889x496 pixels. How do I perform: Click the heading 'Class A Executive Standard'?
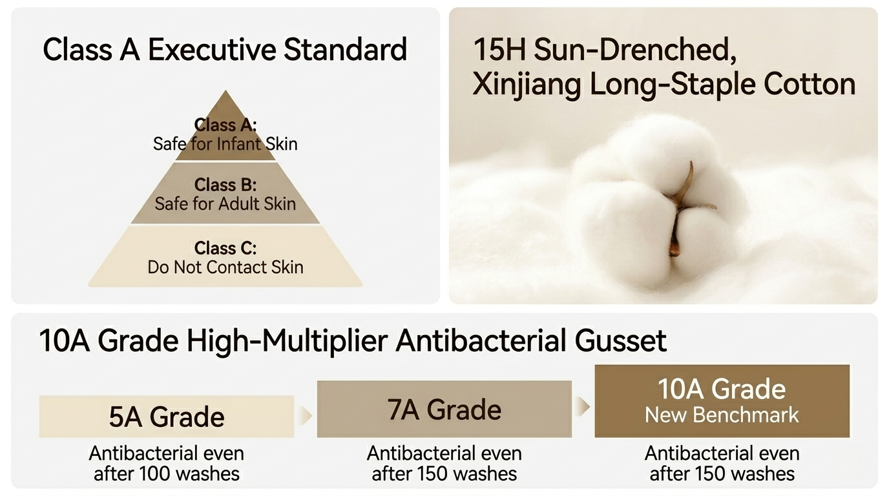(225, 50)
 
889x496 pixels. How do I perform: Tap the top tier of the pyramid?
(225, 131)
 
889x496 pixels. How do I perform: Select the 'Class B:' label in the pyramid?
(225, 185)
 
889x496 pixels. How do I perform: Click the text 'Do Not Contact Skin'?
(225, 267)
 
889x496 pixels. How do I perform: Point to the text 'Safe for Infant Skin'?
(225, 144)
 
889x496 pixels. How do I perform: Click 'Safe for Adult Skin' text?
(225, 204)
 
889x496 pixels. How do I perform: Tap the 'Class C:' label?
(225, 249)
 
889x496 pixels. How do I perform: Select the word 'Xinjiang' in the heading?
(527, 85)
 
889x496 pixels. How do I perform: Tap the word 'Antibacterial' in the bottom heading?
(480, 341)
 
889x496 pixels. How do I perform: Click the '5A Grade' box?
(167, 417)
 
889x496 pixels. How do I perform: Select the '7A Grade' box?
(444, 409)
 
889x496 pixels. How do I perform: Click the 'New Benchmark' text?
(722, 415)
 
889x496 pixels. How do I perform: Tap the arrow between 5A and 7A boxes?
(305, 416)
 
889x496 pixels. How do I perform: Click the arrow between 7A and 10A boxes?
(583, 407)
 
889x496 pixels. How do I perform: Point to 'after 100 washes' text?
(167, 474)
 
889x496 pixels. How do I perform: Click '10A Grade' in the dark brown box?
(722, 389)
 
